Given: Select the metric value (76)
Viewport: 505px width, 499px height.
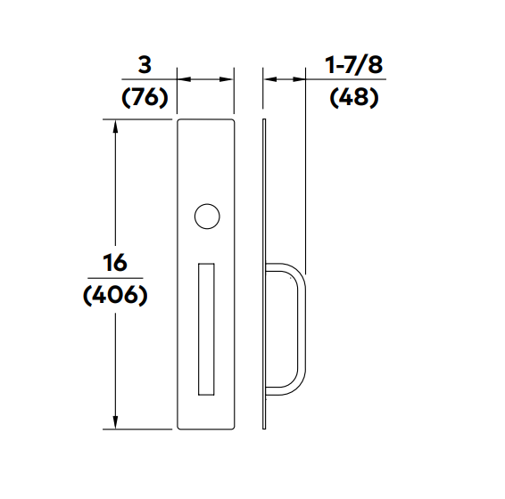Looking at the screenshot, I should [x=145, y=96].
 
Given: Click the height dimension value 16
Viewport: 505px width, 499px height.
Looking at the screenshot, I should [x=115, y=263].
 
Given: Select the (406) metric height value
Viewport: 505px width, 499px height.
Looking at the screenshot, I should [x=115, y=296].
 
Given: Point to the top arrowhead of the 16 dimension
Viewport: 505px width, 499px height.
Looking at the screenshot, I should [x=115, y=126].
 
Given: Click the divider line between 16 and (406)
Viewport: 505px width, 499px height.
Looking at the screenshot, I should [x=115, y=280].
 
